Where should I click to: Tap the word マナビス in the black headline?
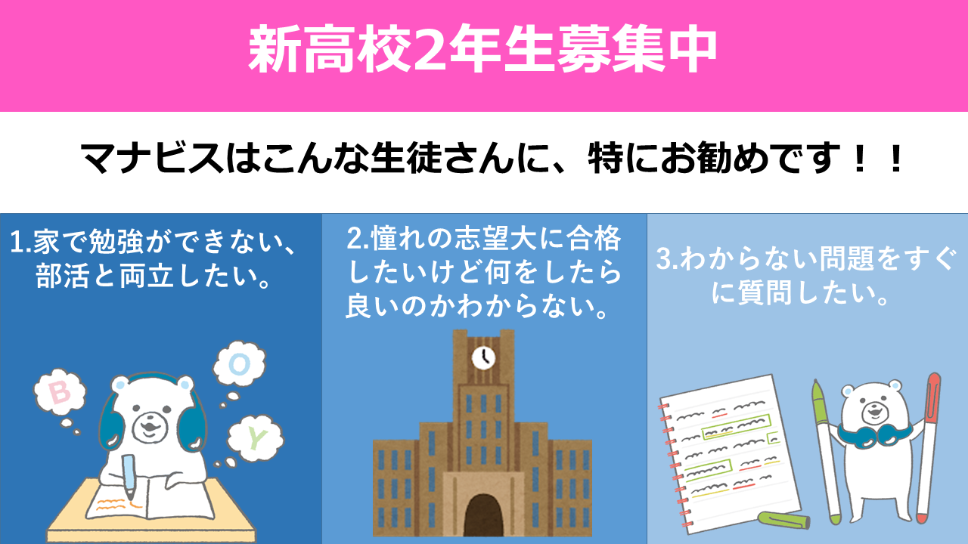click(x=152, y=157)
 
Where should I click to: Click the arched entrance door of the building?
click(x=483, y=515)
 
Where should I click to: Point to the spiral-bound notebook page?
click(x=731, y=453)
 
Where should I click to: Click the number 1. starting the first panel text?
click(x=20, y=242)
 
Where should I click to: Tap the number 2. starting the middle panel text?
click(x=358, y=238)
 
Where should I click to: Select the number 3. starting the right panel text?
click(x=668, y=258)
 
